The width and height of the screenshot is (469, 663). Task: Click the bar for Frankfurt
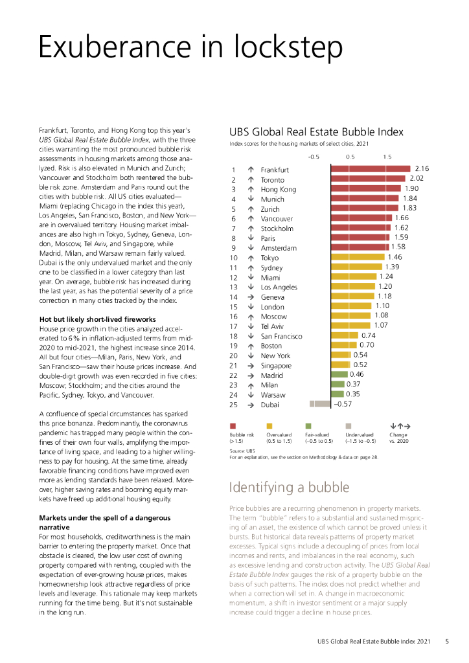(371, 169)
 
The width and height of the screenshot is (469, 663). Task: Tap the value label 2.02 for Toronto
(417, 179)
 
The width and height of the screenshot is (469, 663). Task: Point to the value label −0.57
(343, 404)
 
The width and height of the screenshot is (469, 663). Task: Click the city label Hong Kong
(278, 189)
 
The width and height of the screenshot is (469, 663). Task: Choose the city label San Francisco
(281, 336)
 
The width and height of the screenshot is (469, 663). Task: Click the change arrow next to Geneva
(250, 297)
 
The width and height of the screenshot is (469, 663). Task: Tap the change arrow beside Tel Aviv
(250, 326)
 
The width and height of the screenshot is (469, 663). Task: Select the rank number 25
(234, 405)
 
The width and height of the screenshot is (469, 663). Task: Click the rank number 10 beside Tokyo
(234, 258)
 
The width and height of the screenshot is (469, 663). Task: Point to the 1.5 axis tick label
(387, 157)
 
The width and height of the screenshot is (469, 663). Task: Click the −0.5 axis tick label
(314, 157)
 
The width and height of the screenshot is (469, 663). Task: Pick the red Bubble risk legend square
(233, 425)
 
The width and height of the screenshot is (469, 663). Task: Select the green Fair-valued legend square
(308, 425)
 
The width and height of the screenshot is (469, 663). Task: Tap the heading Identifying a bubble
(289, 487)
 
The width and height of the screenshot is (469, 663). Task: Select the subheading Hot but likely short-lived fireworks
(97, 320)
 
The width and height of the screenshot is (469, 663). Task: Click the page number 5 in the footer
(447, 642)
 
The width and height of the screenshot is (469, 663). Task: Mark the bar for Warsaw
(337, 394)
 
